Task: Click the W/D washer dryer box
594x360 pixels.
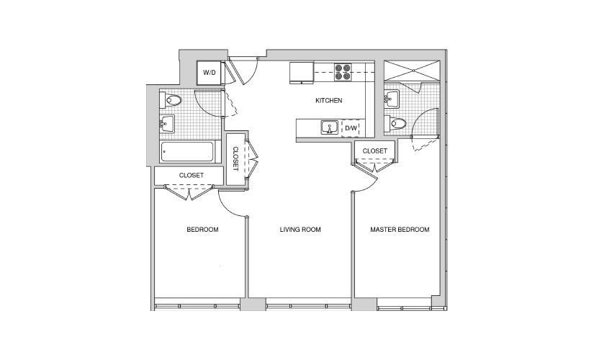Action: tap(209, 73)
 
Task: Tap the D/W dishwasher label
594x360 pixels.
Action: tap(351, 128)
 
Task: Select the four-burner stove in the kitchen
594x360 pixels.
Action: tap(342, 72)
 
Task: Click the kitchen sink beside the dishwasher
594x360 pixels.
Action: tap(330, 127)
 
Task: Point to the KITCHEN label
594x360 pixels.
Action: tap(329, 100)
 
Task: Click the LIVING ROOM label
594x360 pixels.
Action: tap(300, 229)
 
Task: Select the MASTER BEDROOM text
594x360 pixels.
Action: tap(400, 229)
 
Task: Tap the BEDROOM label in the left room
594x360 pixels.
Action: tap(202, 229)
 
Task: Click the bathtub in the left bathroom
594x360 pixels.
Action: tap(187, 152)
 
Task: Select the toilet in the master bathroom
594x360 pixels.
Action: tap(395, 123)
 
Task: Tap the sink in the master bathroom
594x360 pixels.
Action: tap(392, 99)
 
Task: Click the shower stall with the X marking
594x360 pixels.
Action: tap(412, 71)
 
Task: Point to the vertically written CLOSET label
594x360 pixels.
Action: tap(235, 159)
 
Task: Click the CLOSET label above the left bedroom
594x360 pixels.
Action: tap(192, 175)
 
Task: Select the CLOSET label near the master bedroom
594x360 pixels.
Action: tap(374, 150)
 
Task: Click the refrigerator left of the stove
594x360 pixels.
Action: tap(302, 73)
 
